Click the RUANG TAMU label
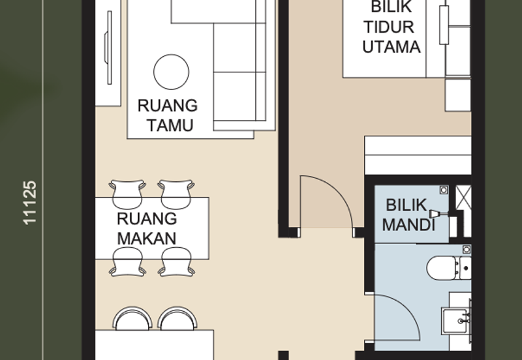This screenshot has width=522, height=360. tap(167, 115)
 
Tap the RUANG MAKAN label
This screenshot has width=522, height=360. tap(147, 228)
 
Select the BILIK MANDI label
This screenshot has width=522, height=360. tap(409, 215)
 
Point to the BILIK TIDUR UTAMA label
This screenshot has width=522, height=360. tap(391, 27)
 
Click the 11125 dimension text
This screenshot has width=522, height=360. tap(30, 203)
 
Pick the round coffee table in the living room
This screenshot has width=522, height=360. tap(171, 71)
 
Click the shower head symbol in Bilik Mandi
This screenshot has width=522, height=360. tap(436, 214)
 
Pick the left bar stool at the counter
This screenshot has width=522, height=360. tap(132, 320)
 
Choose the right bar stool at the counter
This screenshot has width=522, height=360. tap(177, 320)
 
